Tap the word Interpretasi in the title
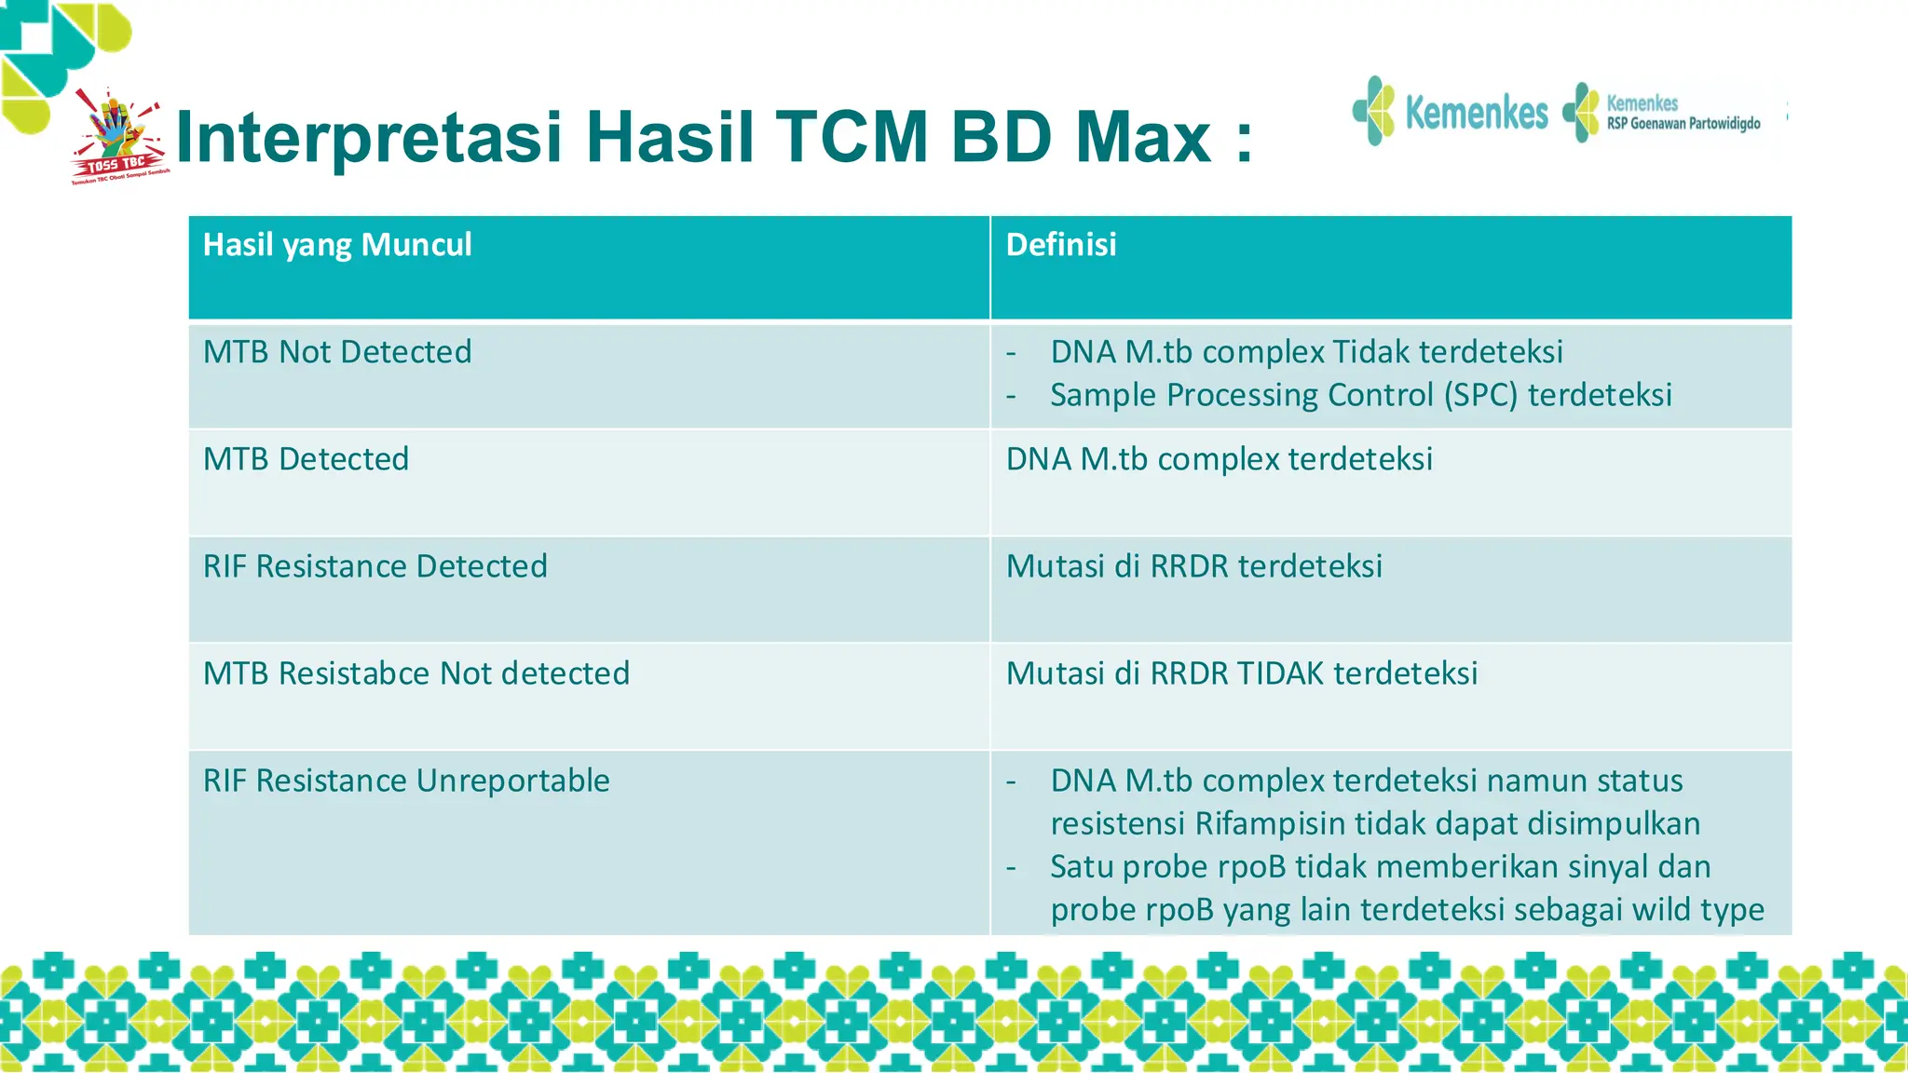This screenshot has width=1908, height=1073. pyautogui.click(x=369, y=138)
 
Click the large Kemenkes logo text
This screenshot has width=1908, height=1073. pyautogui.click(x=1475, y=113)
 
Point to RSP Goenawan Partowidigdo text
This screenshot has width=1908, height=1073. pyautogui.click(x=1683, y=124)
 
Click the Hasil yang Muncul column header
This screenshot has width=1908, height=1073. pyautogui.click(x=337, y=245)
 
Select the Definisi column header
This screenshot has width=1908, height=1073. pyautogui.click(x=1060, y=245)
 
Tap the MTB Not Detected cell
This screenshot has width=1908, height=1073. pyautogui.click(x=337, y=352)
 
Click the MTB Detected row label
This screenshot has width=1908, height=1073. pyautogui.click(x=306, y=459)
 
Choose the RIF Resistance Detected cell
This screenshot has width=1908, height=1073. pyautogui.click(x=375, y=566)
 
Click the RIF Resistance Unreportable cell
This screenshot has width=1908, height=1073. pyautogui.click(x=406, y=781)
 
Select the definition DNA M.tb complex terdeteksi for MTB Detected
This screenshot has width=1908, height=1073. pyautogui.click(x=1219, y=459)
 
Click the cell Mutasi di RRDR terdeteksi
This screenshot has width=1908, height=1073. pyautogui.click(x=1193, y=566)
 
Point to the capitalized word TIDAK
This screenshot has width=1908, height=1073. pyautogui.click(x=1279, y=673)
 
